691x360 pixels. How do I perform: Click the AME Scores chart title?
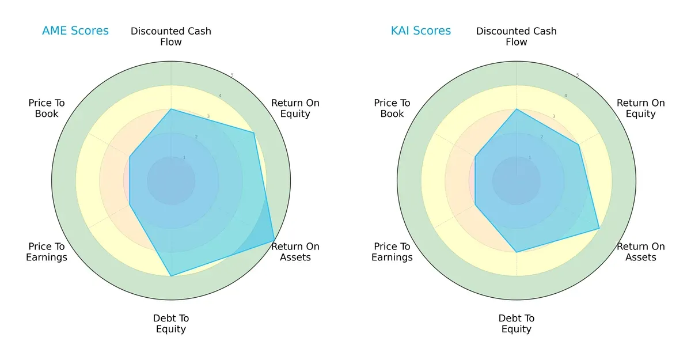[x=75, y=31]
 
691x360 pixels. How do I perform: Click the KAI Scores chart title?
[x=420, y=31]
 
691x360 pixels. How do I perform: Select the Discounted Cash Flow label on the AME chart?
[x=171, y=36]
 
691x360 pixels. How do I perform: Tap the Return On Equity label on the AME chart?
[x=295, y=108]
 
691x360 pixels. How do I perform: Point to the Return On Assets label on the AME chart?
[x=295, y=252]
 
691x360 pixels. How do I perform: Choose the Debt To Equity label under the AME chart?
[x=171, y=324]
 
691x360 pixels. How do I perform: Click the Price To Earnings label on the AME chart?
[x=47, y=252]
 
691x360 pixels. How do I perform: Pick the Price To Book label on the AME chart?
[x=47, y=108]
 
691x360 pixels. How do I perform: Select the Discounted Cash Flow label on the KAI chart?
[x=517, y=36]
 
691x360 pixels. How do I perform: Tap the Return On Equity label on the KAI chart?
[x=641, y=108]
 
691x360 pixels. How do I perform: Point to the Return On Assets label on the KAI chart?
[x=641, y=252]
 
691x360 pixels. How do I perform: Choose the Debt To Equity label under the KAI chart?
[x=517, y=324]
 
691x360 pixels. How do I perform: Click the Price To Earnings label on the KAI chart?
[x=392, y=252]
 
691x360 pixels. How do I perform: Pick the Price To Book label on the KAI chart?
[x=392, y=108]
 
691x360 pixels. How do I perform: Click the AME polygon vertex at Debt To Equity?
[x=171, y=276]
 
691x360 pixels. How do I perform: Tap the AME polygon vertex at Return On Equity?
[x=254, y=133]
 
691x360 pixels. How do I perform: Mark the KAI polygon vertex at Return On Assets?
[x=599, y=229]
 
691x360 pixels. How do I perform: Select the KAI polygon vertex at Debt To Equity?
[x=517, y=252]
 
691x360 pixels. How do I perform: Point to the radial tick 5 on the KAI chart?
[x=578, y=75]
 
